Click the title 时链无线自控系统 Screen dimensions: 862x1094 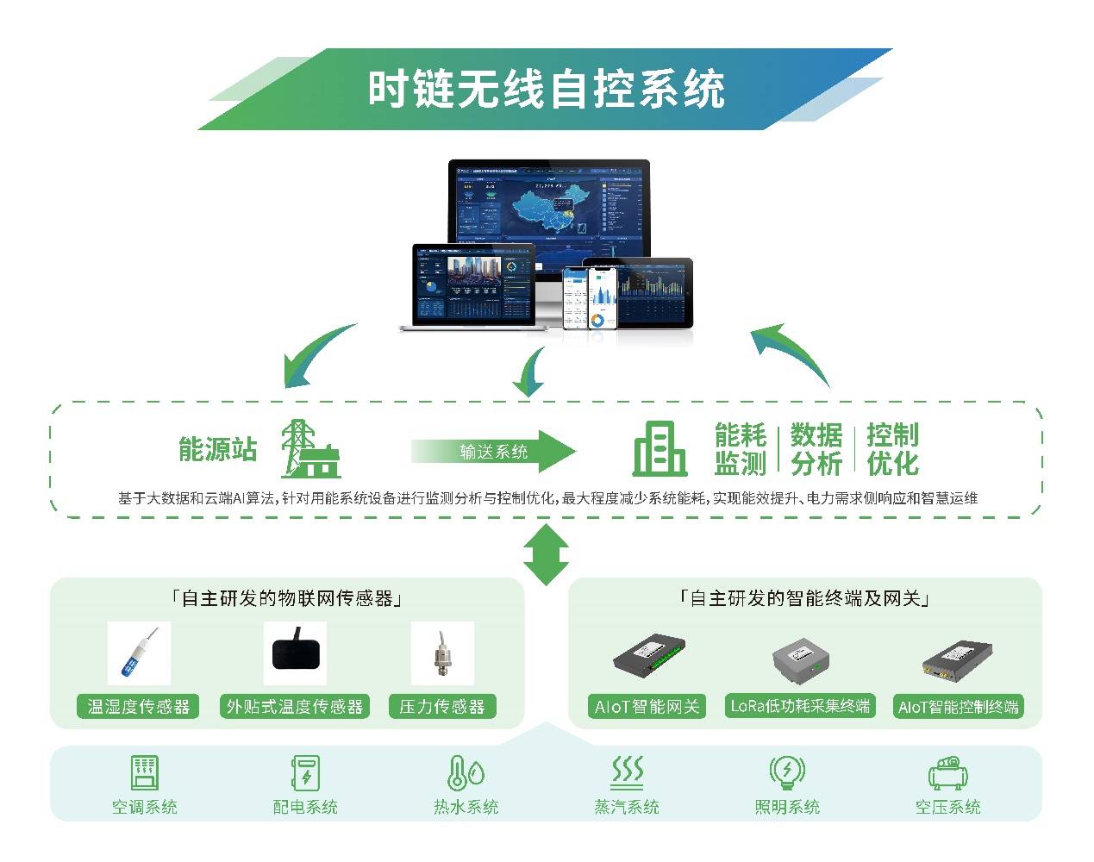pyautogui.click(x=546, y=89)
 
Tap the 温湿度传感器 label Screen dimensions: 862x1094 pyautogui.click(x=138, y=707)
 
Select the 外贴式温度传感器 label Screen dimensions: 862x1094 pyautogui.click(x=295, y=707)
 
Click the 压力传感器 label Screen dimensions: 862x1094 pyautogui.click(x=442, y=707)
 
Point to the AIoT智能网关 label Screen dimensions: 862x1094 pyautogui.click(x=647, y=707)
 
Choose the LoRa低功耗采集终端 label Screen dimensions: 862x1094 pyautogui.click(x=800, y=706)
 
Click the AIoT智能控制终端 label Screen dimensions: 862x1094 pyautogui.click(x=958, y=707)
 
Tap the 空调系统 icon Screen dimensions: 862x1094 pyautogui.click(x=144, y=772)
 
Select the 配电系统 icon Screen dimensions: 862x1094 pyautogui.click(x=305, y=772)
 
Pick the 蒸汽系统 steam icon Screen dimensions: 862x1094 pyautogui.click(x=627, y=771)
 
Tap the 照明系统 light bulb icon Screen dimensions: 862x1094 pyautogui.click(x=786, y=771)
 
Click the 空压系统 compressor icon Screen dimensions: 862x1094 pyautogui.click(x=947, y=772)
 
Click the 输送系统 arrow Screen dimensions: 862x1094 pyautogui.click(x=493, y=451)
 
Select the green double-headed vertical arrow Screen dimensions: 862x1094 pyautogui.click(x=547, y=555)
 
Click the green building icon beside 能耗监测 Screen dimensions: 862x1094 pyautogui.click(x=660, y=449)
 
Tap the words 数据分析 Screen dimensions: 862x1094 pyautogui.click(x=816, y=449)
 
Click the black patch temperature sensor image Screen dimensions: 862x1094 pyautogui.click(x=299, y=653)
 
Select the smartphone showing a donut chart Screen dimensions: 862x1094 pyautogui.click(x=603, y=298)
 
